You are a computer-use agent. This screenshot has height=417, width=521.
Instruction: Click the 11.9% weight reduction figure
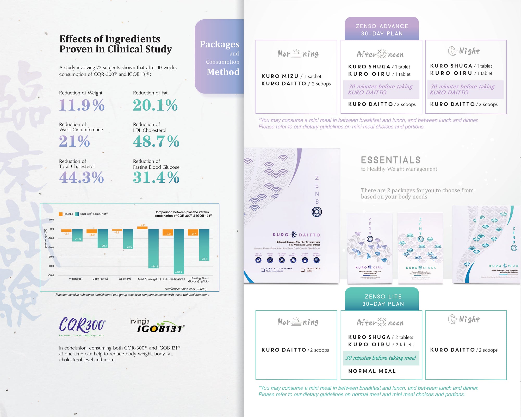pos(82,105)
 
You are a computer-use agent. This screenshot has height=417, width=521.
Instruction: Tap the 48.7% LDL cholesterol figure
pos(156,141)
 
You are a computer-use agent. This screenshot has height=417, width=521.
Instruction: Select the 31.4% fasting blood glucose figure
pos(156,177)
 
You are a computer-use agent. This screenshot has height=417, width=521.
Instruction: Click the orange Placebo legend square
pos(61,214)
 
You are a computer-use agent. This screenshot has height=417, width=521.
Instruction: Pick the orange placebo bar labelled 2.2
pos(142,228)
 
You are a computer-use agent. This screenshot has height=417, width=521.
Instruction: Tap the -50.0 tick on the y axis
pos(51,275)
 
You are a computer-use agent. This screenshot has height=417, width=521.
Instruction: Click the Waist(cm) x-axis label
pos(125,279)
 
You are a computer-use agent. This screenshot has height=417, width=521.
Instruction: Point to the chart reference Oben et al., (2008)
pos(185,289)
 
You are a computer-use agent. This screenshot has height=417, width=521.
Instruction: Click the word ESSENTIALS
pos(390,160)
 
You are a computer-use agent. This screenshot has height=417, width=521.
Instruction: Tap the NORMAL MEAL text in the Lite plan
pos(372,371)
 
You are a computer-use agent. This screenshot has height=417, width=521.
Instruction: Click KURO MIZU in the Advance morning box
pos(280,76)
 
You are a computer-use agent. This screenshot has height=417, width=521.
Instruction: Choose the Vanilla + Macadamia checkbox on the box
pos(263,270)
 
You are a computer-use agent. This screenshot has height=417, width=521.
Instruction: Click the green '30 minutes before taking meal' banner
pos(381,358)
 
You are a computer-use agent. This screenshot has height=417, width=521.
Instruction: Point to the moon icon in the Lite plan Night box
pos(452,319)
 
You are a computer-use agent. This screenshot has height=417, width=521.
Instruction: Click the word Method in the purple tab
pos(223,72)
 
